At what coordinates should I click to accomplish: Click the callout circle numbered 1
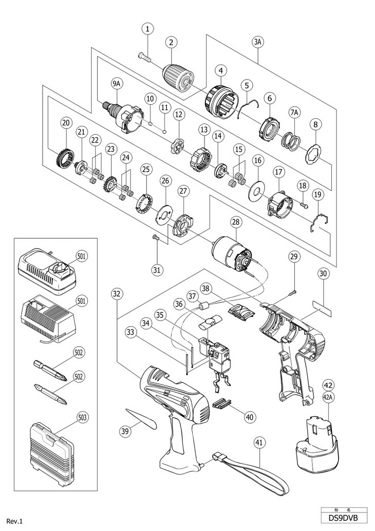click(147, 29)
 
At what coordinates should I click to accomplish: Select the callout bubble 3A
click(258, 42)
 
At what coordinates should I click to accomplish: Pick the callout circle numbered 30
click(323, 274)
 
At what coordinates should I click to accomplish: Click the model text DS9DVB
click(344, 518)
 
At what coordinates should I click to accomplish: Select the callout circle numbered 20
click(66, 123)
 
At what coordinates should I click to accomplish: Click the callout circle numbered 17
click(278, 172)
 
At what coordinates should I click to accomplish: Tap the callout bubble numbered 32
click(116, 294)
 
